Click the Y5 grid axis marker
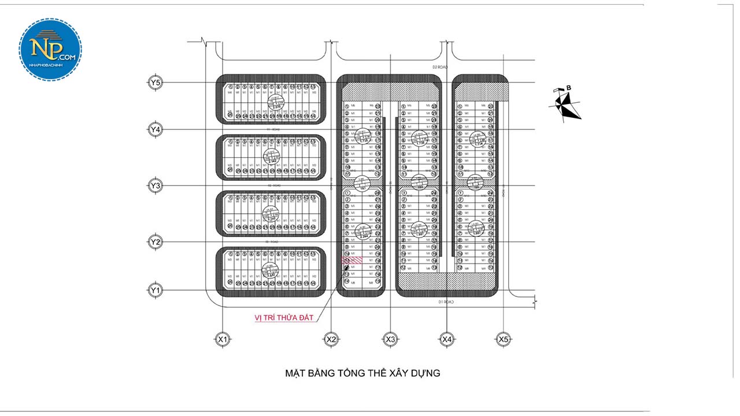click(155, 83)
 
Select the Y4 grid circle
click(155, 129)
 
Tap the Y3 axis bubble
click(155, 185)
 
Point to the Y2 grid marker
click(155, 242)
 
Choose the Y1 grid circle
click(155, 290)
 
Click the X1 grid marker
click(222, 340)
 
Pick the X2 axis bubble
click(331, 340)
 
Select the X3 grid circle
click(390, 340)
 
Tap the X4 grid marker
click(446, 340)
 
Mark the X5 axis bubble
click(503, 340)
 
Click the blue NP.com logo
click(50, 49)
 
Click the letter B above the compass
click(569, 88)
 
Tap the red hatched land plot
click(353, 261)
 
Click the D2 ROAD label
click(441, 67)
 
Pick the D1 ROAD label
click(446, 302)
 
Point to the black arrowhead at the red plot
click(347, 268)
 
